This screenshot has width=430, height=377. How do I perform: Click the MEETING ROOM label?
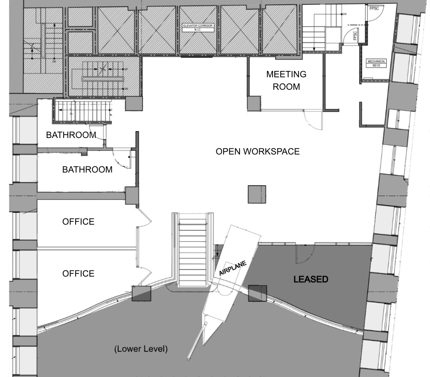tap(286, 80)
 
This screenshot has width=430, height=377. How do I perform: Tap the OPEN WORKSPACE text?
tap(258, 151)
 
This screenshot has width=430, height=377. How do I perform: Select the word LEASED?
tap(310, 279)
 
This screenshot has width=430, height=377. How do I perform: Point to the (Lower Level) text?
tap(141, 349)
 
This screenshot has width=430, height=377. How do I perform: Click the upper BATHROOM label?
tap(71, 135)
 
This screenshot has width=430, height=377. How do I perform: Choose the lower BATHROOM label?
tap(87, 169)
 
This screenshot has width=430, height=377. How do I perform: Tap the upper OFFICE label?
tap(78, 222)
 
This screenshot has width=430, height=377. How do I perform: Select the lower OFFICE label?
tap(78, 273)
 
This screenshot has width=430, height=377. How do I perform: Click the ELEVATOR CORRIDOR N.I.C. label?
tap(198, 27)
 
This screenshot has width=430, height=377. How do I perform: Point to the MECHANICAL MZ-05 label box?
tap(376, 63)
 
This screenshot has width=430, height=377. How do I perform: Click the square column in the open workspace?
tap(257, 194)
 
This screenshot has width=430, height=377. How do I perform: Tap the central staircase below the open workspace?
tap(192, 249)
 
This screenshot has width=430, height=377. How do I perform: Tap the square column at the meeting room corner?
tap(254, 103)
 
